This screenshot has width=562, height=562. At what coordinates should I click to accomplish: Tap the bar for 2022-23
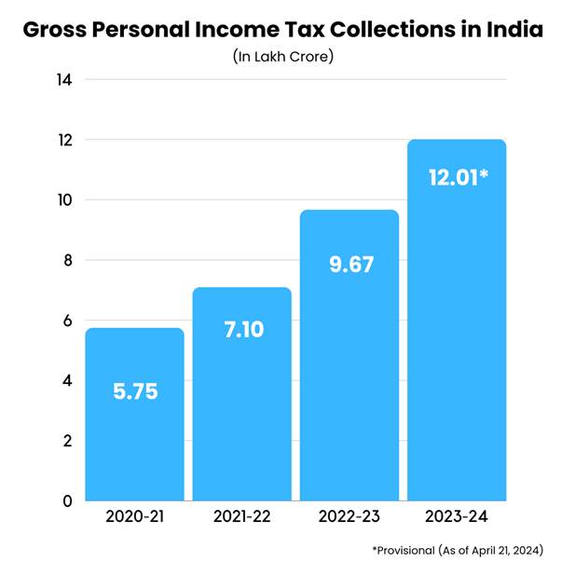349,373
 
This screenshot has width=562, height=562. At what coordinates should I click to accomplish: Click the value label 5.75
134,391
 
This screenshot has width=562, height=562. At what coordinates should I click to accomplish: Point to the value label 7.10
241,329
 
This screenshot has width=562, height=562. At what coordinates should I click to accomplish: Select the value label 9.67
349,264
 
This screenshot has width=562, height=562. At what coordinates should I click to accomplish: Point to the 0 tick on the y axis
67,500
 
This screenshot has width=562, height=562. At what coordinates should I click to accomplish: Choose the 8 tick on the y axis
67,260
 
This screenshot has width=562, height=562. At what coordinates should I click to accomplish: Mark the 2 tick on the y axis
67,440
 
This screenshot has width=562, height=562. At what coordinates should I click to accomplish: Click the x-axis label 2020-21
134,515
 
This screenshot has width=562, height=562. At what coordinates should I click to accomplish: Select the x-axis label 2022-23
349,515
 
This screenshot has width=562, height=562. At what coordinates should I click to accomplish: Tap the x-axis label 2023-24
457,515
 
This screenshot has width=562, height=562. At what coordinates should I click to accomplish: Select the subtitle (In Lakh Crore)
281,57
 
